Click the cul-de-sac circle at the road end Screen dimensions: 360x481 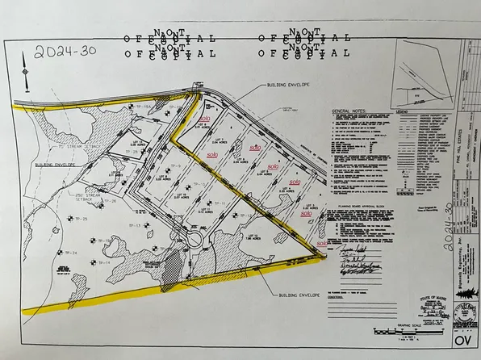tap(194, 240)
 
